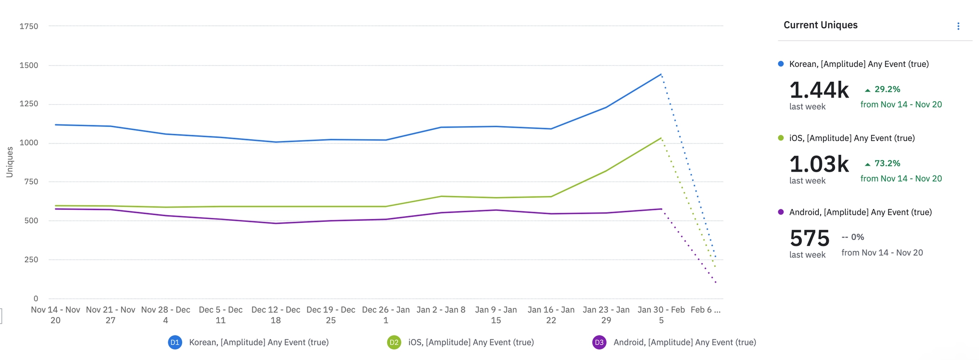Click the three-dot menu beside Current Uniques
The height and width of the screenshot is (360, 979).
click(x=958, y=26)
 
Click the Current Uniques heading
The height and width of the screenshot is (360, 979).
click(x=820, y=25)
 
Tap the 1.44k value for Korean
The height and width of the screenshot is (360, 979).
click(x=819, y=90)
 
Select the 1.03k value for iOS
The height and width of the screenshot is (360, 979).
click(x=819, y=164)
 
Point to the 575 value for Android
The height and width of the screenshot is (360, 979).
click(x=809, y=238)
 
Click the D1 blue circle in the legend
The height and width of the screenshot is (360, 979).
click(x=175, y=342)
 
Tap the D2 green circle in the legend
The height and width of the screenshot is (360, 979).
click(x=394, y=342)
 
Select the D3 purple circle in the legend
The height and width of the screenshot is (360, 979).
click(x=599, y=342)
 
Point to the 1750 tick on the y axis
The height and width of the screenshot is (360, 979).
click(x=29, y=26)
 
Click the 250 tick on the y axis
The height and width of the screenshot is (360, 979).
click(x=31, y=260)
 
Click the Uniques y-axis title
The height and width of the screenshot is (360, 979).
click(x=10, y=162)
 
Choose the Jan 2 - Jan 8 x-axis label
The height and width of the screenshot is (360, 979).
click(x=441, y=310)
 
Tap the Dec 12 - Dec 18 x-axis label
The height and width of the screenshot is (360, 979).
click(x=276, y=315)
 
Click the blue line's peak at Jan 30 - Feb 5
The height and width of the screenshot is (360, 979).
click(x=661, y=74)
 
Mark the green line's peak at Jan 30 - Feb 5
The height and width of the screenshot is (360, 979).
click(x=661, y=138)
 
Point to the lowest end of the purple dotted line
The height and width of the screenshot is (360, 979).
click(x=716, y=283)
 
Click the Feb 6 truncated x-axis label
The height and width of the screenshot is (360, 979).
click(x=706, y=310)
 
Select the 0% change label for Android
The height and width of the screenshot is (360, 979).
click(x=853, y=237)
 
